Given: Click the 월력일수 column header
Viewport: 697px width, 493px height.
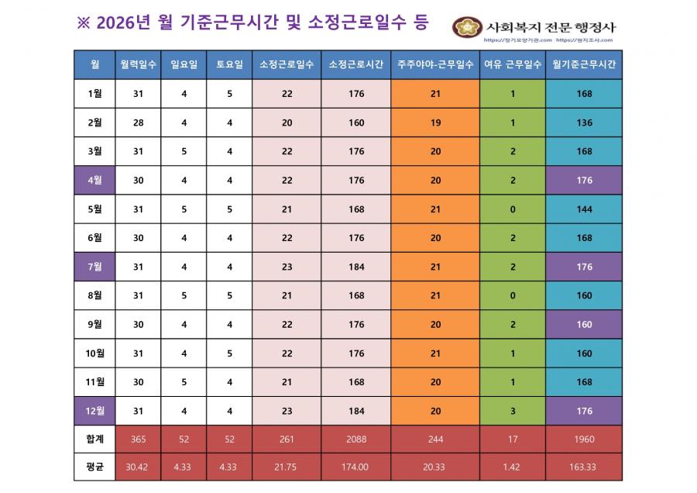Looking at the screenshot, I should pos(138,64).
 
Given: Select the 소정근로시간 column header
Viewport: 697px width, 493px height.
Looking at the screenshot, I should pos(356,64).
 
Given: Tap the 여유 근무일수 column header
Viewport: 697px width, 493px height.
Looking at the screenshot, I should pos(513,64).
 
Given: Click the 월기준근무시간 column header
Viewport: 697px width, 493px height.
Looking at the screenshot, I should pos(584,64).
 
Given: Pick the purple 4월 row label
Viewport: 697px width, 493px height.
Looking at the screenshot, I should pos(94,181).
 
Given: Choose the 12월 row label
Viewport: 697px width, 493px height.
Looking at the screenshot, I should pos(94,411).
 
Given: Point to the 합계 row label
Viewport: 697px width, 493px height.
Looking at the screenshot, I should pos(94,440).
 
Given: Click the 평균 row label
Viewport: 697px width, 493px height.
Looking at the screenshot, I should pos(94,467).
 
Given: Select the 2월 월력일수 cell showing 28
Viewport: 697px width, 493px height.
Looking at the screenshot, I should pos(138,122).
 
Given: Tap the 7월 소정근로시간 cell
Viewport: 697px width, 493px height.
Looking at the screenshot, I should pos(356,267).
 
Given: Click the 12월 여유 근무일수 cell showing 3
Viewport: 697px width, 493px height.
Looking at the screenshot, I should pos(513,411).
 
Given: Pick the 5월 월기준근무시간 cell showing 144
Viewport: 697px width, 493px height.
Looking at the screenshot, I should pos(584,209).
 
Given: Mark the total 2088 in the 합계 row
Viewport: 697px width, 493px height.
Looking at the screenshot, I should pos(356,440).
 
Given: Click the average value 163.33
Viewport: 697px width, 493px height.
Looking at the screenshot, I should pos(584,467).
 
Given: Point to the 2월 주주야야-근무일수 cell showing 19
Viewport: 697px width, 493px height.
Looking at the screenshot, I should pos(434,122).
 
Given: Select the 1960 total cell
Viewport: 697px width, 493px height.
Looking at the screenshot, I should pos(584,440).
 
